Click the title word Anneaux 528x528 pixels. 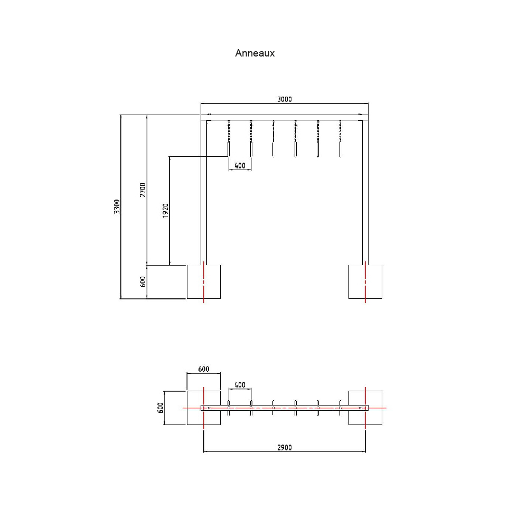point(254,53)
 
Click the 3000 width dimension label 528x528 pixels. point(284,99)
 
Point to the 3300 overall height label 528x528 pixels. point(117,206)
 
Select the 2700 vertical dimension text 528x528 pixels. point(143,190)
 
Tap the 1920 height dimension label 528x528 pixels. point(165,211)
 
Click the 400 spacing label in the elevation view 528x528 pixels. point(240,166)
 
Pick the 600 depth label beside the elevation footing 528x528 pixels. point(143,281)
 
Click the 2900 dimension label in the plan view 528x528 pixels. point(284,448)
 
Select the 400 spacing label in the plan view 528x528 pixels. point(240,385)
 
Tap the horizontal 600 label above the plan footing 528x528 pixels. point(203,369)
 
